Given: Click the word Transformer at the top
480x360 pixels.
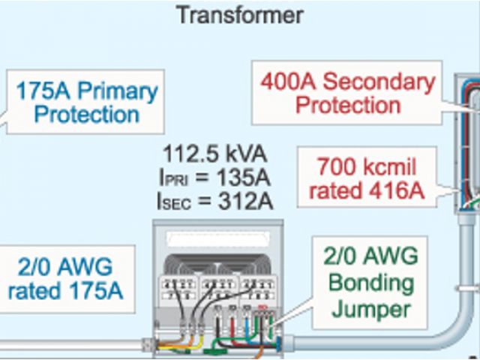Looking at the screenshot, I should point(240,14).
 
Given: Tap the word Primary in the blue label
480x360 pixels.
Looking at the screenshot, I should point(118,92).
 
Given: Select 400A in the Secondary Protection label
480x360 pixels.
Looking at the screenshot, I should point(292,81).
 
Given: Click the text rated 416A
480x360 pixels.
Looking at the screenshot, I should point(366,190).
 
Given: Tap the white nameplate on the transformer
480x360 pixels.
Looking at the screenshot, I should point(217,241).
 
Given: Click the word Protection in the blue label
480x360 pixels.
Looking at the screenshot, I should point(87,115).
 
